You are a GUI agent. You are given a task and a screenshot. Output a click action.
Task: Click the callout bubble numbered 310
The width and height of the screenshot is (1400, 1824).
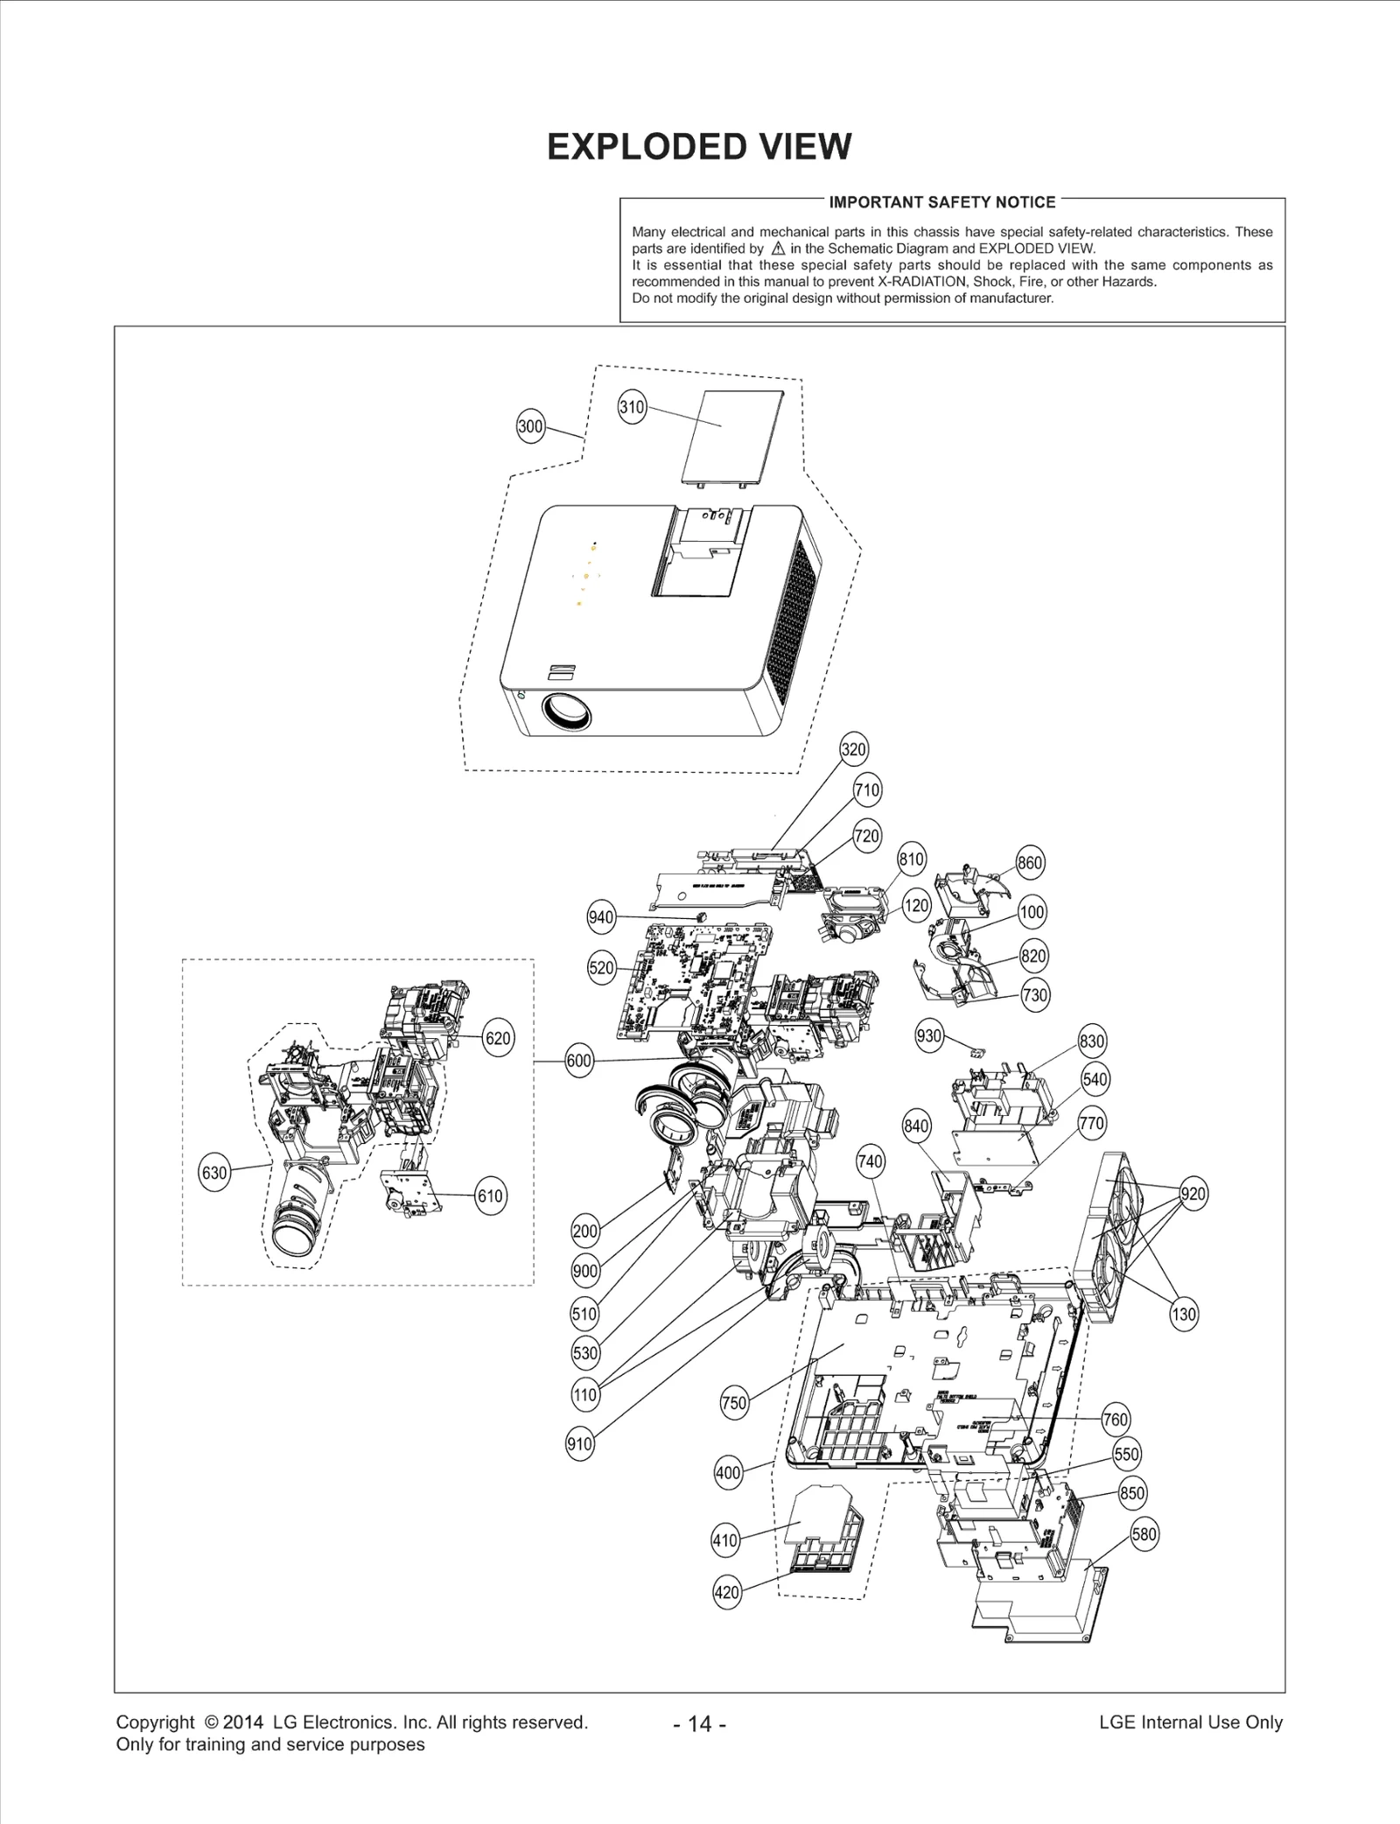click(x=632, y=407)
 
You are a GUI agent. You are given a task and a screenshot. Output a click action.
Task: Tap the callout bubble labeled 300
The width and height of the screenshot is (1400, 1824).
click(x=530, y=427)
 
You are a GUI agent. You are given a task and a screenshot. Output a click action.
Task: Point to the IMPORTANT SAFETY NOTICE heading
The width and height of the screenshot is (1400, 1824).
click(x=942, y=202)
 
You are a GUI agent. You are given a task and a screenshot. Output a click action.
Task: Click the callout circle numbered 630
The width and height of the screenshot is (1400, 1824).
click(x=214, y=1173)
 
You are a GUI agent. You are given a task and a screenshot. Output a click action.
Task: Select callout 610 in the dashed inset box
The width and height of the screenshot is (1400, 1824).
click(x=490, y=1196)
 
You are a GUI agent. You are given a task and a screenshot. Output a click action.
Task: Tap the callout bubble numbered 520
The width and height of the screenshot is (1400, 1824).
click(x=601, y=968)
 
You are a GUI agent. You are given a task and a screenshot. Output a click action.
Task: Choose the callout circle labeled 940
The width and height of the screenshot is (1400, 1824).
click(x=600, y=917)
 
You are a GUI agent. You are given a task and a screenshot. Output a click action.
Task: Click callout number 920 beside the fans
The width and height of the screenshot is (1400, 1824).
click(x=1193, y=1194)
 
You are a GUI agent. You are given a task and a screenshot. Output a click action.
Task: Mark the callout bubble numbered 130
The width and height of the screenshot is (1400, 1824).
click(x=1183, y=1314)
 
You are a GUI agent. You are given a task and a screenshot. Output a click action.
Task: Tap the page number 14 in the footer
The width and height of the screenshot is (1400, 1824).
click(x=700, y=1723)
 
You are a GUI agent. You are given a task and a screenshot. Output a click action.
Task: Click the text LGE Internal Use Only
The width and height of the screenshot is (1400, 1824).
click(x=1190, y=1722)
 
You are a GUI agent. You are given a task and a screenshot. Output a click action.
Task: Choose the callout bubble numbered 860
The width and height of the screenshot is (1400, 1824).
click(x=1030, y=863)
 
